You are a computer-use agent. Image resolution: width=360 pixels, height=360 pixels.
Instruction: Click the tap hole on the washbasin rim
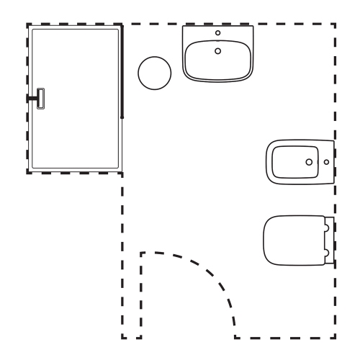(219, 33)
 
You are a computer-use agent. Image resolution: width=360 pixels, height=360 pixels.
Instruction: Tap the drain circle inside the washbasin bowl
(219, 50)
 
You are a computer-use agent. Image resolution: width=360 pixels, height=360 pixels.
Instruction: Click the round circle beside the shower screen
(153, 73)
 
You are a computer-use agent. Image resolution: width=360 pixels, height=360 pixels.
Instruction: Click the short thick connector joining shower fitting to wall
(32, 97)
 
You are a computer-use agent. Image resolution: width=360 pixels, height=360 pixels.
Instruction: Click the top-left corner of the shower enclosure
(28, 25)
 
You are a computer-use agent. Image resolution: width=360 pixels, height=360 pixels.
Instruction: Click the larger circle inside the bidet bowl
(310, 162)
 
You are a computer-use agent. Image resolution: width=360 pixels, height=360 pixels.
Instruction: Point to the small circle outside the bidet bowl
(326, 162)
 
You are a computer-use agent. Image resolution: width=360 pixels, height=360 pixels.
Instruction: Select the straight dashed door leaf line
(140, 295)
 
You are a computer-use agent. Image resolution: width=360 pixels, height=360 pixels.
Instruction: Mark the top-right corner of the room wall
(335, 24)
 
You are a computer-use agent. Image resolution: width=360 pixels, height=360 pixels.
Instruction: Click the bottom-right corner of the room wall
(335, 338)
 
